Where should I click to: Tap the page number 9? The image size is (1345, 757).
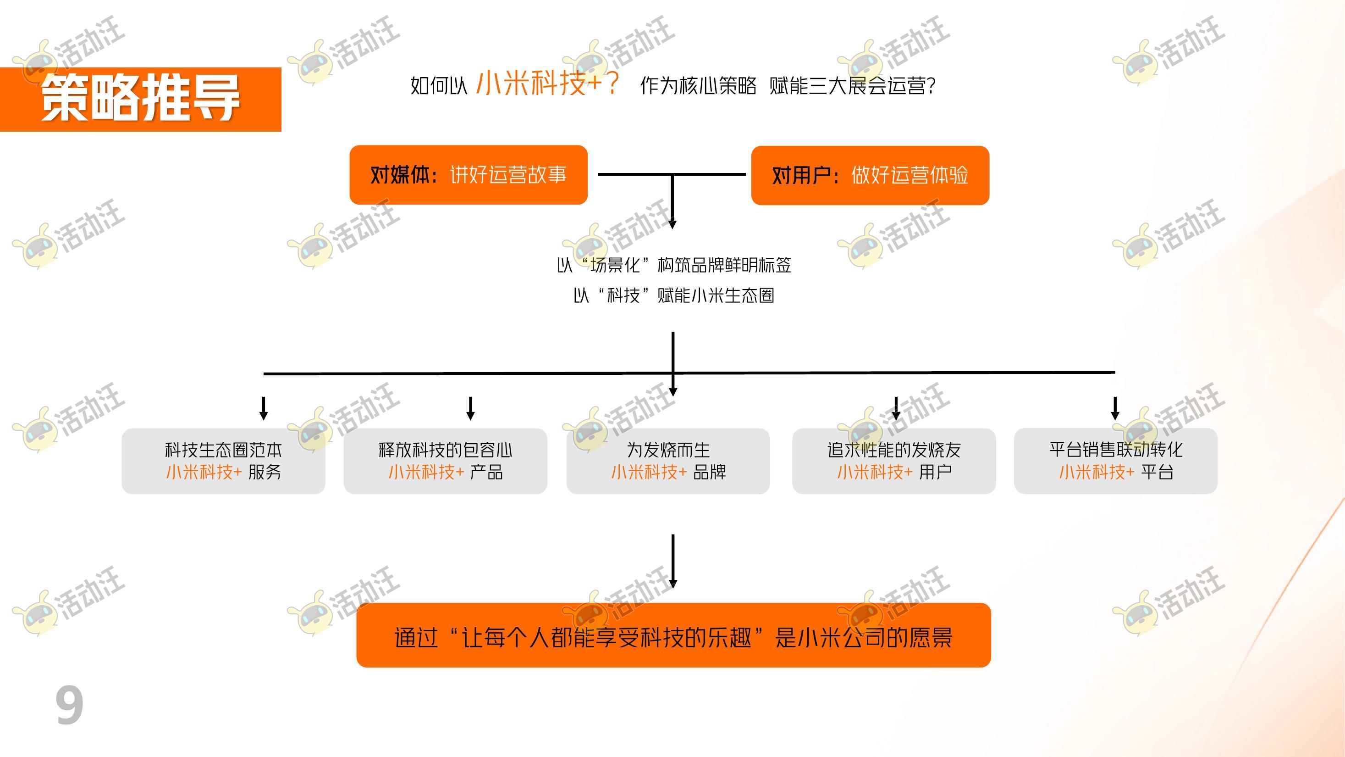pyautogui.click(x=69, y=705)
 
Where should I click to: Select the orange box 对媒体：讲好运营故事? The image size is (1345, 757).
pyautogui.click(x=469, y=175)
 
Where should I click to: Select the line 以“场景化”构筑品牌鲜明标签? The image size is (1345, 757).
pyautogui.click(x=673, y=265)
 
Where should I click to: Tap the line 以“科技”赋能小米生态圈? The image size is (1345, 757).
pyautogui.click(x=673, y=295)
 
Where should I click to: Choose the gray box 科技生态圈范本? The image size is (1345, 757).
pyautogui.click(x=223, y=461)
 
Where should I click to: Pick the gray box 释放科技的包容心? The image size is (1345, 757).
pyautogui.click(x=446, y=461)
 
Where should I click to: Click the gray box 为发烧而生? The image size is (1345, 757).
pyautogui.click(x=668, y=461)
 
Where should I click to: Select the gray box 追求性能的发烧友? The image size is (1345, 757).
pyautogui.click(x=894, y=461)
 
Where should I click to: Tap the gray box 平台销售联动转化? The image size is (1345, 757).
pyautogui.click(x=1116, y=461)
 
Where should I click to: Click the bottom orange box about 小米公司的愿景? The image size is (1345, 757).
pyautogui.click(x=673, y=635)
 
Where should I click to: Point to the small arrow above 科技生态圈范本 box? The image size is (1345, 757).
pyautogui.click(x=264, y=408)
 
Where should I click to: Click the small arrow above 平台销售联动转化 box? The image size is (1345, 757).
pyautogui.click(x=1115, y=408)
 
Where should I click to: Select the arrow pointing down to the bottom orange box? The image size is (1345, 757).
pyautogui.click(x=673, y=562)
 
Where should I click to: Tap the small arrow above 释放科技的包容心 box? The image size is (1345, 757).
pyautogui.click(x=470, y=408)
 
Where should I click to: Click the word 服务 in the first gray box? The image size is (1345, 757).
pyautogui.click(x=265, y=472)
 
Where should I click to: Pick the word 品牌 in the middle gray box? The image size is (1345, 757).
pyautogui.click(x=710, y=472)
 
